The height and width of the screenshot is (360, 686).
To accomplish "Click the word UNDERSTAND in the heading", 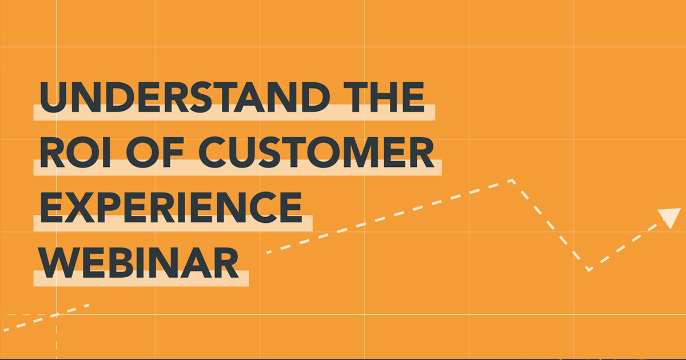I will coord(182,98).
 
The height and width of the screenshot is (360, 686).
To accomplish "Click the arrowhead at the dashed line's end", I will coord(669,218).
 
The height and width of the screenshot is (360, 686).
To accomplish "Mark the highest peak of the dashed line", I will coord(512,181).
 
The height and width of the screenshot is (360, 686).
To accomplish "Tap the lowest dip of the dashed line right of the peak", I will coord(589,269).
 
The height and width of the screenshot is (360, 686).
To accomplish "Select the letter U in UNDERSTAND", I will coord(53,98).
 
